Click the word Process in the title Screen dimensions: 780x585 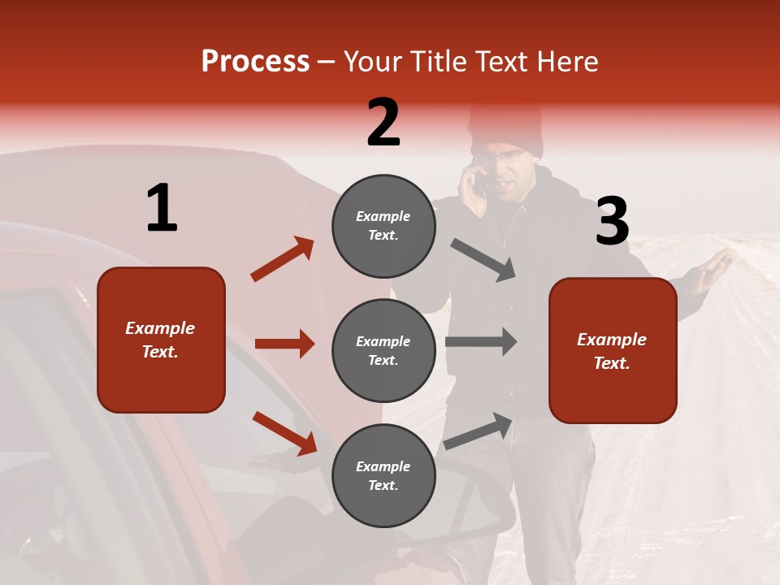[255, 62]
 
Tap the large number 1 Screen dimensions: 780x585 [162, 209]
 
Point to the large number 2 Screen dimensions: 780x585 [383, 123]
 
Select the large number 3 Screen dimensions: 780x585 [612, 221]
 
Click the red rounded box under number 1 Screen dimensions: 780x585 [161, 340]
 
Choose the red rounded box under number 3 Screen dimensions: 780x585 [613, 350]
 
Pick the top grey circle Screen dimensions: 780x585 [383, 226]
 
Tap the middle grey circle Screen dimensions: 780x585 [383, 350]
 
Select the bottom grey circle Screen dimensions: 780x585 [383, 475]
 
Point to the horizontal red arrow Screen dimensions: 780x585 [284, 344]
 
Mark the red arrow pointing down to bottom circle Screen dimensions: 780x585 [284, 433]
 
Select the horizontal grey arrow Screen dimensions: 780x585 [481, 342]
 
